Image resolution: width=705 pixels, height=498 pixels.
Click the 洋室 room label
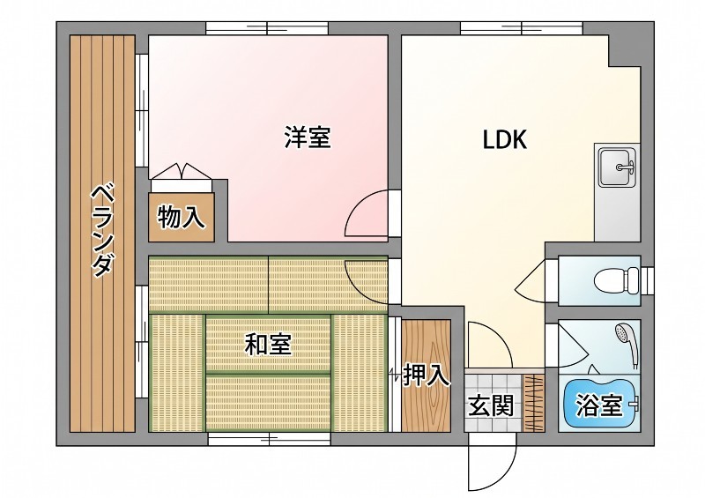pos(308,138)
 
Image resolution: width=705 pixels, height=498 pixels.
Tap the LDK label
pos(504,139)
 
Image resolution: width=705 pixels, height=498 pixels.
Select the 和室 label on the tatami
pos(269,344)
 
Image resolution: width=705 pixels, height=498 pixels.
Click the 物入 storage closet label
pos(182,218)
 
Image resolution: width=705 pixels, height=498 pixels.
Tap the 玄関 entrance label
pos(491,405)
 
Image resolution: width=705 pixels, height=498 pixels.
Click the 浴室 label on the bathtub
pos(599,405)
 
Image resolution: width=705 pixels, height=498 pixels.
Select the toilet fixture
pos(616,280)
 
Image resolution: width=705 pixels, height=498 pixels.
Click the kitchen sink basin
pos(618,167)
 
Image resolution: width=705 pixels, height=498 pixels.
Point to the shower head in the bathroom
pos(627,344)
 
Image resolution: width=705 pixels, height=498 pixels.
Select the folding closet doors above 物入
pos(182,172)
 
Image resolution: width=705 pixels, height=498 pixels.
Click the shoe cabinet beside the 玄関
pos(534,403)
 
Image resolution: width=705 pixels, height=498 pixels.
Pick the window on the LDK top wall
pos(522,28)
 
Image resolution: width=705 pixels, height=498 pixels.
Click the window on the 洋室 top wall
pos(267,28)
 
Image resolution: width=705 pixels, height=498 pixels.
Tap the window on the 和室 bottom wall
pos(269,439)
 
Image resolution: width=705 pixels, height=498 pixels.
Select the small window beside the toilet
pos(648,280)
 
